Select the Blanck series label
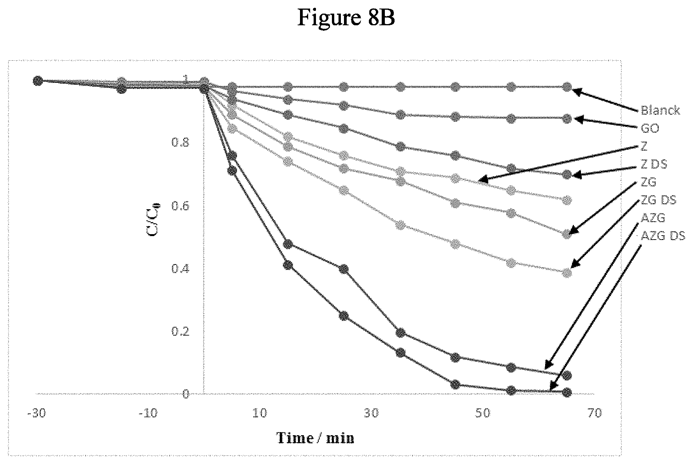click(x=660, y=110)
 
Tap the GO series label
click(x=650, y=128)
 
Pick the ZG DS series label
click(x=658, y=200)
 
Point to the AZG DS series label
click(x=663, y=236)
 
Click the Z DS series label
click(x=654, y=164)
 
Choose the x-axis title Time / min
click(x=315, y=438)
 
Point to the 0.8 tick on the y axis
click(x=180, y=143)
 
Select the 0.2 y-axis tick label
click(x=180, y=332)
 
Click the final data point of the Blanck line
click(x=567, y=87)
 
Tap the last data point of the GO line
click(x=567, y=118)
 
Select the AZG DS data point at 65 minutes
click(x=567, y=392)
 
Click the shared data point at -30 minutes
click(x=38, y=81)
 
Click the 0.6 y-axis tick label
click(x=180, y=206)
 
